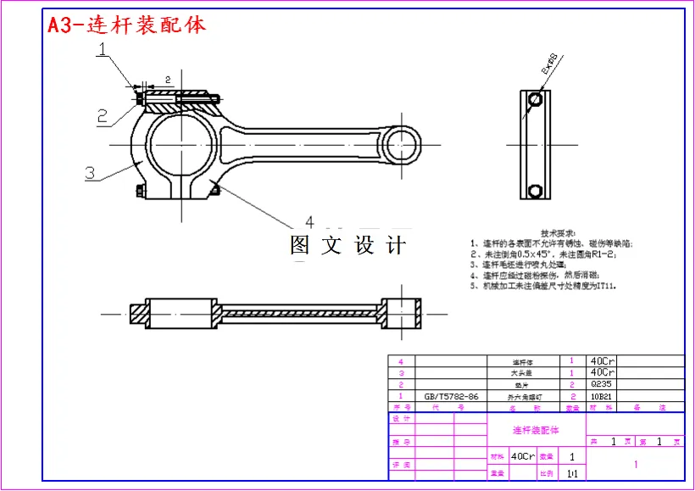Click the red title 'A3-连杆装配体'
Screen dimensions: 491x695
[126, 25]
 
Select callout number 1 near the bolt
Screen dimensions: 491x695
[102, 51]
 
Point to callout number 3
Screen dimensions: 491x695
[90, 172]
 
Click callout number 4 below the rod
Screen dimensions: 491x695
[309, 221]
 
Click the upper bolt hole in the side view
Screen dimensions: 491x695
[535, 100]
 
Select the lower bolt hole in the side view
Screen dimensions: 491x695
[535, 188]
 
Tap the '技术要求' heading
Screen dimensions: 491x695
[558, 233]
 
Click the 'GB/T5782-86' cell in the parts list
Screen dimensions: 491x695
[451, 396]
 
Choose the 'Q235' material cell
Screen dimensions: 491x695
[601, 384]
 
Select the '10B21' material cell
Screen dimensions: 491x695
[601, 396]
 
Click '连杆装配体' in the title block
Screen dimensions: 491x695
[536, 431]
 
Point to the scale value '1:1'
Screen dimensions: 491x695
[572, 473]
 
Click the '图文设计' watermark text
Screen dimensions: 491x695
[347, 246]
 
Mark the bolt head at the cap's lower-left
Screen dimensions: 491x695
[138, 191]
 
